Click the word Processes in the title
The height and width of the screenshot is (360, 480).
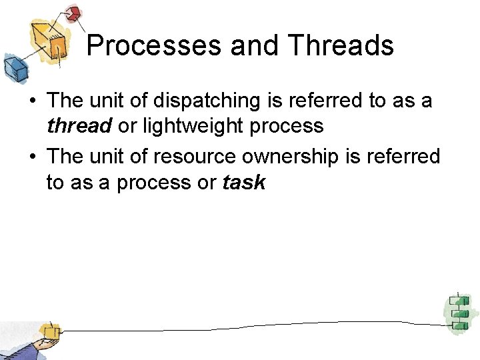pos(155,45)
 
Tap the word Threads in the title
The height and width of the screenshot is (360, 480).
pos(341,45)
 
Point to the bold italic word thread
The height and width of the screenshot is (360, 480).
pos(79,126)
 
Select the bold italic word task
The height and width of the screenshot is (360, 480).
pos(243,182)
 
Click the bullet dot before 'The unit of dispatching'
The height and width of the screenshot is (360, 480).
pos(31,101)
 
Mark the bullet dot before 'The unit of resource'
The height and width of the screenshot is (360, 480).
pos(31,157)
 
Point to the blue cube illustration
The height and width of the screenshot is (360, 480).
pos(15,67)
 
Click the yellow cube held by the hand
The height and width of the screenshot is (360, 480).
pos(49,331)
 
